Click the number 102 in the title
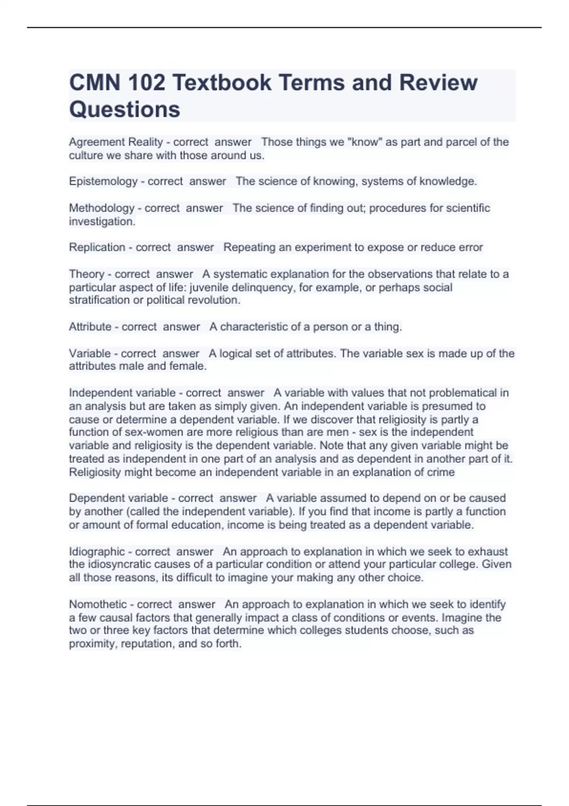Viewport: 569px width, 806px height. [x=146, y=83]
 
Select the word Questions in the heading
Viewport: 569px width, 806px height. [x=125, y=110]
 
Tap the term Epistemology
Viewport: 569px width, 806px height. [x=103, y=181]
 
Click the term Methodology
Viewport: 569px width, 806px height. [x=101, y=208]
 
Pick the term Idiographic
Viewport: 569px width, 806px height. [x=97, y=551]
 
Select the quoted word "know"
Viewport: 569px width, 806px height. [x=365, y=142]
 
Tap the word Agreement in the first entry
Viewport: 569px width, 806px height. [x=97, y=142]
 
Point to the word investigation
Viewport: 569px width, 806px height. [x=102, y=221]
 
